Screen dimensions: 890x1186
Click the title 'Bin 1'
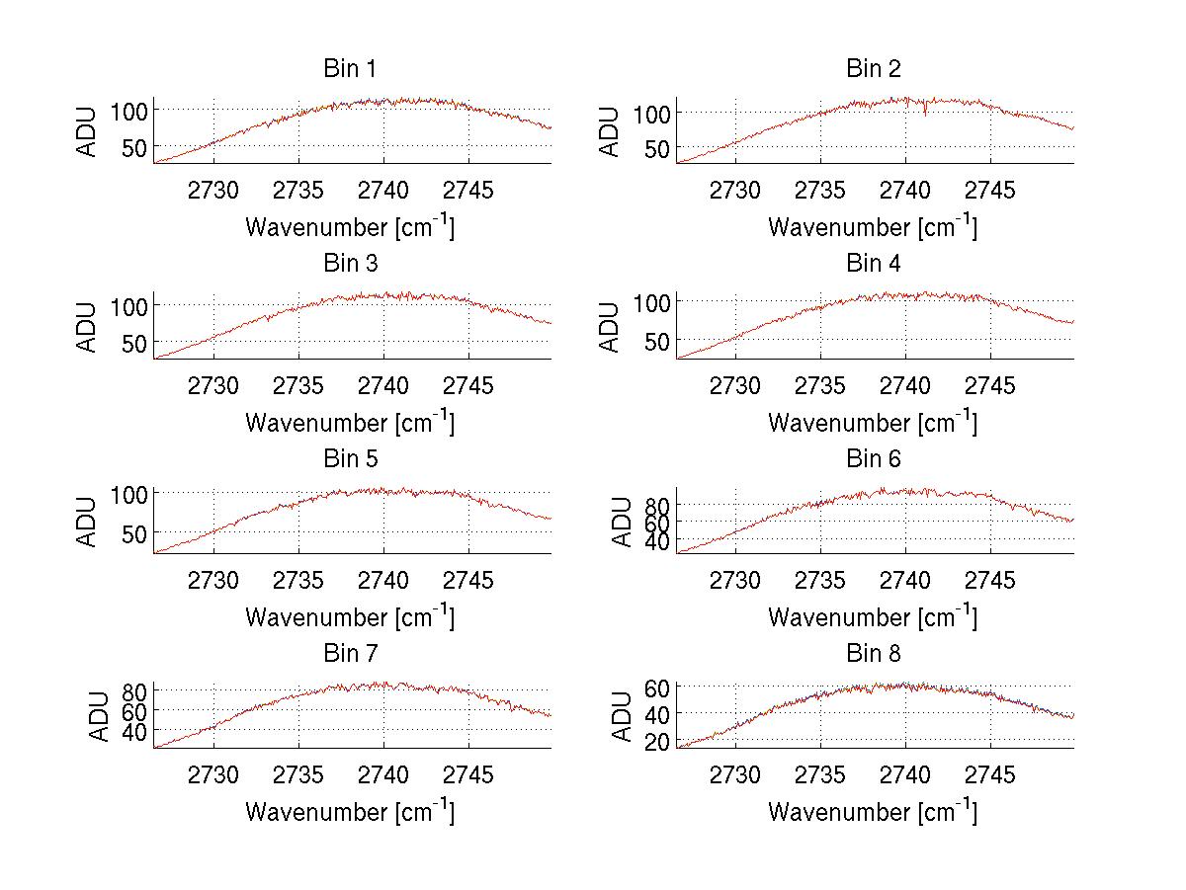click(349, 69)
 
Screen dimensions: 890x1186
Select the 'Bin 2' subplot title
click(873, 69)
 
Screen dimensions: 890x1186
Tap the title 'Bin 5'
click(349, 459)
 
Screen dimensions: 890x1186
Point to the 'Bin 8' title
click(873, 654)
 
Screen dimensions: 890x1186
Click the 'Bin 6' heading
click(873, 459)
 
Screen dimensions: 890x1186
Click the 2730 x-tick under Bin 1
click(212, 190)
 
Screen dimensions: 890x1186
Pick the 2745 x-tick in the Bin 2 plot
click(989, 190)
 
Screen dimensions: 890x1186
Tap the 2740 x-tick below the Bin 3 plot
click(382, 384)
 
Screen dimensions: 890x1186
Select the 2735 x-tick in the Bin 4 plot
click(820, 384)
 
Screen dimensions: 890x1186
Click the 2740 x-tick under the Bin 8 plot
click(905, 774)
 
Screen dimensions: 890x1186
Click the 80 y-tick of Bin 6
click(658, 504)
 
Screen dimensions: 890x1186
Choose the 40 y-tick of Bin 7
click(135, 731)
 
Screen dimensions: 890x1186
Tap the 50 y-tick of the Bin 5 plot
click(135, 532)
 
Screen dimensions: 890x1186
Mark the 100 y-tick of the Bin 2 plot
click(652, 113)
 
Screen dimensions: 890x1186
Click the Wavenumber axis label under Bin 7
click(349, 812)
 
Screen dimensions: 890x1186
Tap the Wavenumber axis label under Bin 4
click(873, 422)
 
